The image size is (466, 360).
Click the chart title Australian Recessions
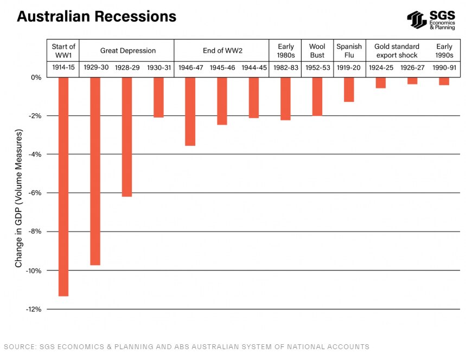(x=97, y=16)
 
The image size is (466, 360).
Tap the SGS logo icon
(x=417, y=20)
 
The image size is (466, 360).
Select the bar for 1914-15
(x=63, y=187)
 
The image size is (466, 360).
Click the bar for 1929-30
(x=95, y=171)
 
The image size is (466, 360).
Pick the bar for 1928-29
(x=126, y=137)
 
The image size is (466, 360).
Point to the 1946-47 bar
(x=190, y=111)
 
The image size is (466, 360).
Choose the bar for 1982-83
(x=285, y=98)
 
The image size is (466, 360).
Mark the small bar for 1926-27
(x=412, y=81)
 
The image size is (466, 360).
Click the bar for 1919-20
(x=349, y=89)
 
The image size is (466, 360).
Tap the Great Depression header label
(x=127, y=50)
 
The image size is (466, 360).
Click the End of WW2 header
(x=222, y=50)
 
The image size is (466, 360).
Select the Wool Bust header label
(x=317, y=50)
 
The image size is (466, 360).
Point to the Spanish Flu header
(x=349, y=50)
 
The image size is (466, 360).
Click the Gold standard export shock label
(x=397, y=50)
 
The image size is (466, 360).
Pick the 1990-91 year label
(x=444, y=68)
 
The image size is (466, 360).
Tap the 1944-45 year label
(x=254, y=68)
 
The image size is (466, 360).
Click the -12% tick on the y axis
(x=34, y=309)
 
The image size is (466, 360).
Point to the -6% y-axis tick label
(x=35, y=193)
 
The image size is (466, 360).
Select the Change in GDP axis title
(x=19, y=198)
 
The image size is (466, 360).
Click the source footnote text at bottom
(x=187, y=346)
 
